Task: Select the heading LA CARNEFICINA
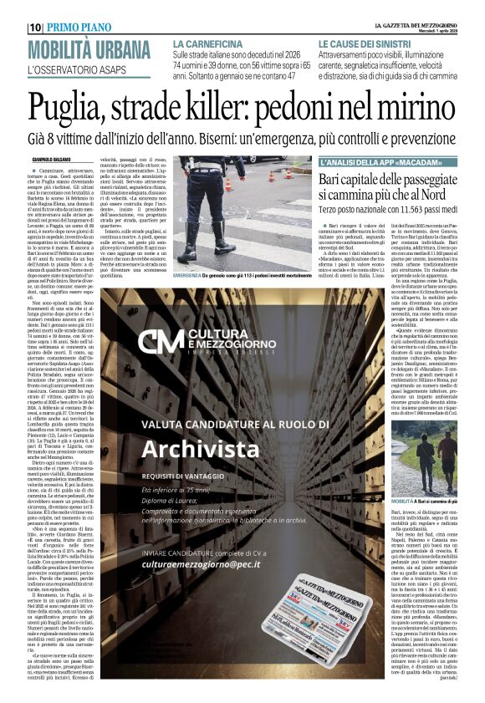208,43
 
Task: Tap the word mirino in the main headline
415,107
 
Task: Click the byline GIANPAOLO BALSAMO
48,159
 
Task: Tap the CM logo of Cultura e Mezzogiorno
161,340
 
